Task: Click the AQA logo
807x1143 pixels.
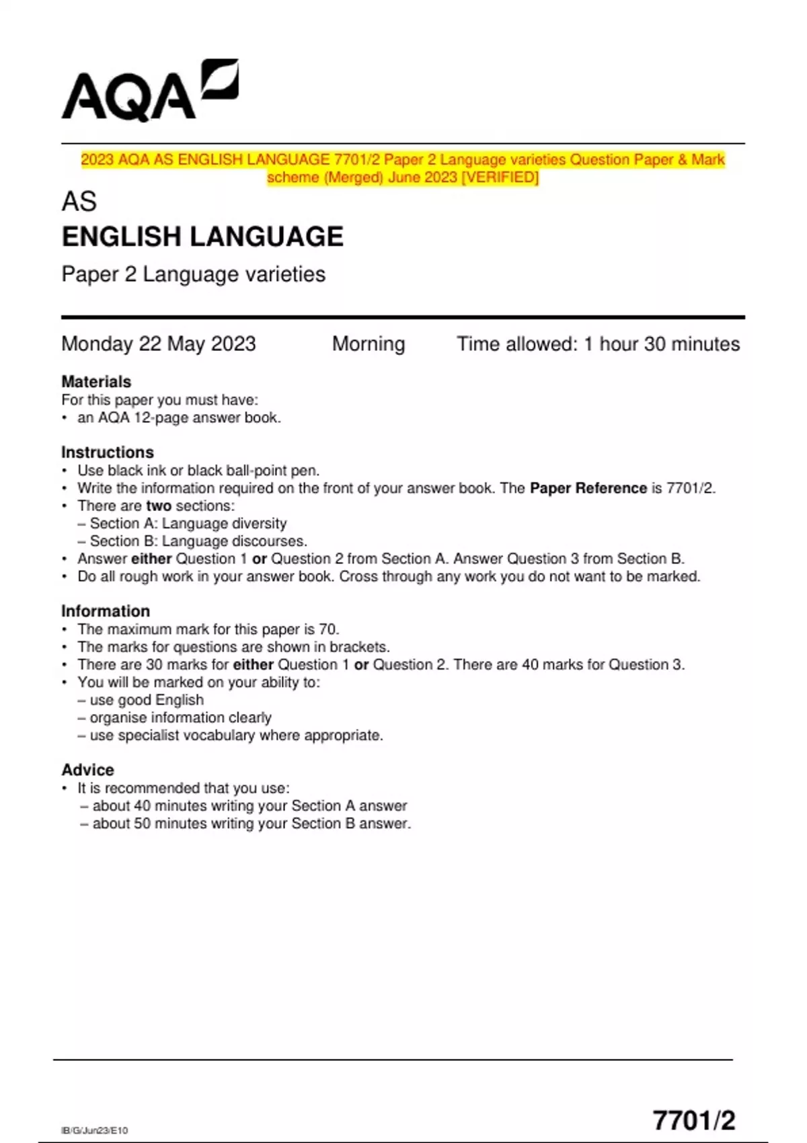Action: tap(149, 91)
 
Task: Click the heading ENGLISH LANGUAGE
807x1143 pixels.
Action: tap(202, 237)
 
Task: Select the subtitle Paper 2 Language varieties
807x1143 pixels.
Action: tap(193, 274)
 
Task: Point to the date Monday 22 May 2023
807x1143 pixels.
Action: tap(158, 344)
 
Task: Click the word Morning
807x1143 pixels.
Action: tap(369, 344)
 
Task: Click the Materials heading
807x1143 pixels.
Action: tap(96, 382)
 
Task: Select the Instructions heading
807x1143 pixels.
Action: tap(108, 452)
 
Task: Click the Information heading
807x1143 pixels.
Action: tap(106, 611)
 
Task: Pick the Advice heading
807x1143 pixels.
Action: tap(87, 770)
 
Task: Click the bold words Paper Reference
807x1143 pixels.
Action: tap(588, 488)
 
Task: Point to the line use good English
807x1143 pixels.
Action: tap(146, 700)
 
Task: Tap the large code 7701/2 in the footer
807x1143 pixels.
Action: tap(694, 1120)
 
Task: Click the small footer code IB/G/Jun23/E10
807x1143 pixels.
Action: tap(94, 1130)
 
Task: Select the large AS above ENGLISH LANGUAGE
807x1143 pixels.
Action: tap(79, 201)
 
